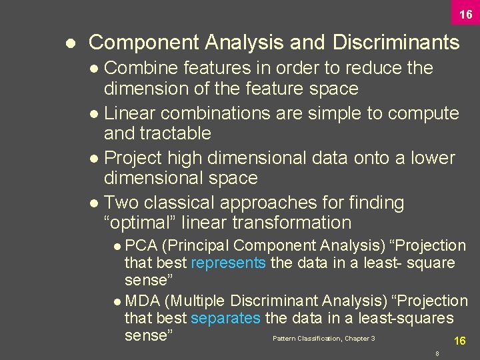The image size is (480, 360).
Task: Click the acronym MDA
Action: point(141,301)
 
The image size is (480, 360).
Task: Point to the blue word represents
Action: point(228,263)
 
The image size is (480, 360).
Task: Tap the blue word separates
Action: point(225,319)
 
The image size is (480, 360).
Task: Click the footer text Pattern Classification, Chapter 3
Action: point(323,339)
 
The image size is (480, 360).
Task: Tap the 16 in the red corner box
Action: point(465,14)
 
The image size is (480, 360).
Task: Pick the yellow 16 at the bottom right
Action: point(459,341)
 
